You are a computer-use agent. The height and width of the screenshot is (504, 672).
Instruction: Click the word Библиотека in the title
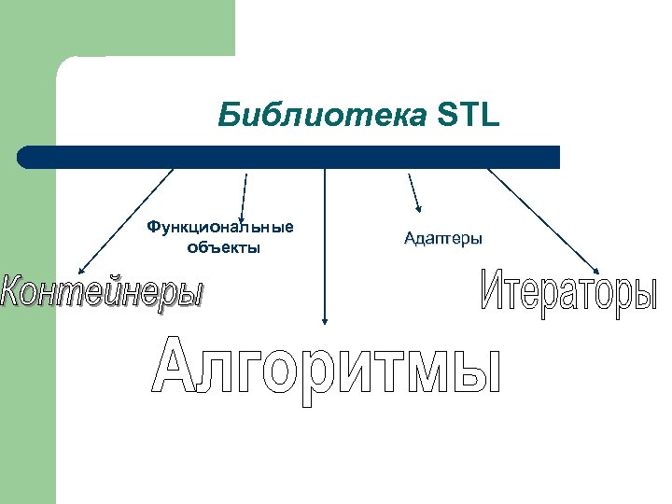pyautogui.click(x=323, y=118)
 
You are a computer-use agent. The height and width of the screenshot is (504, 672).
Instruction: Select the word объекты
pyautogui.click(x=223, y=247)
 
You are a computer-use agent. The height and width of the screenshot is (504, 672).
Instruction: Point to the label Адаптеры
pyautogui.click(x=443, y=239)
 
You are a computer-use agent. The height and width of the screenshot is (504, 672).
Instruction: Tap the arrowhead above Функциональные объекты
pyautogui.click(x=241, y=218)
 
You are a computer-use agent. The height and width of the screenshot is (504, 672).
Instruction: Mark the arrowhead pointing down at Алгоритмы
pyautogui.click(x=325, y=318)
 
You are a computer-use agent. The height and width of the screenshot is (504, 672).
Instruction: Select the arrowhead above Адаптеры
pyautogui.click(x=418, y=208)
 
